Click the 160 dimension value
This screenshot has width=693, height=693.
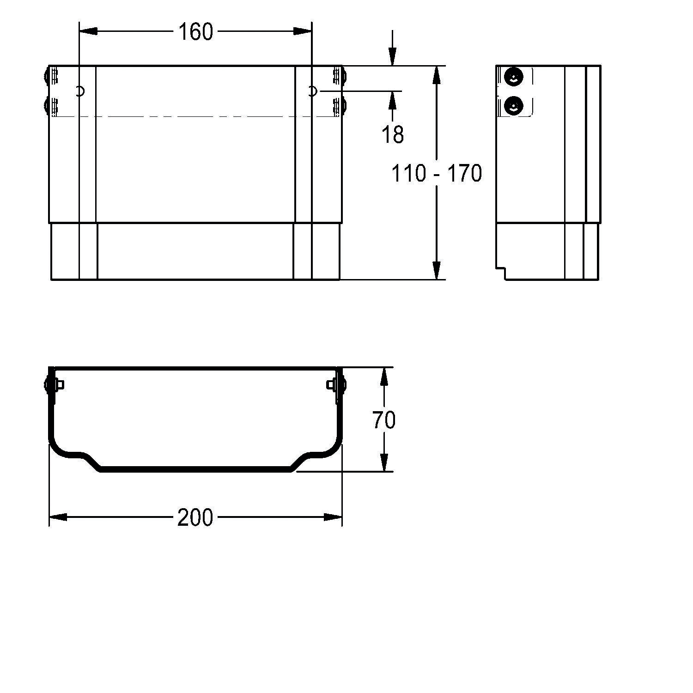195,32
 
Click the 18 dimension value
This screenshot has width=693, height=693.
393,134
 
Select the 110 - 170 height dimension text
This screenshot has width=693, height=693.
437,173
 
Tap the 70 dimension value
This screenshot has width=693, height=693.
384,420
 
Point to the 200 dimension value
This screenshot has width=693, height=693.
195,517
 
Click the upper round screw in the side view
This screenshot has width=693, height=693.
513,76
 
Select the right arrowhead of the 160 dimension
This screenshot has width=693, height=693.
303,31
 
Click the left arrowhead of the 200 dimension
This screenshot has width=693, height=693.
58,517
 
